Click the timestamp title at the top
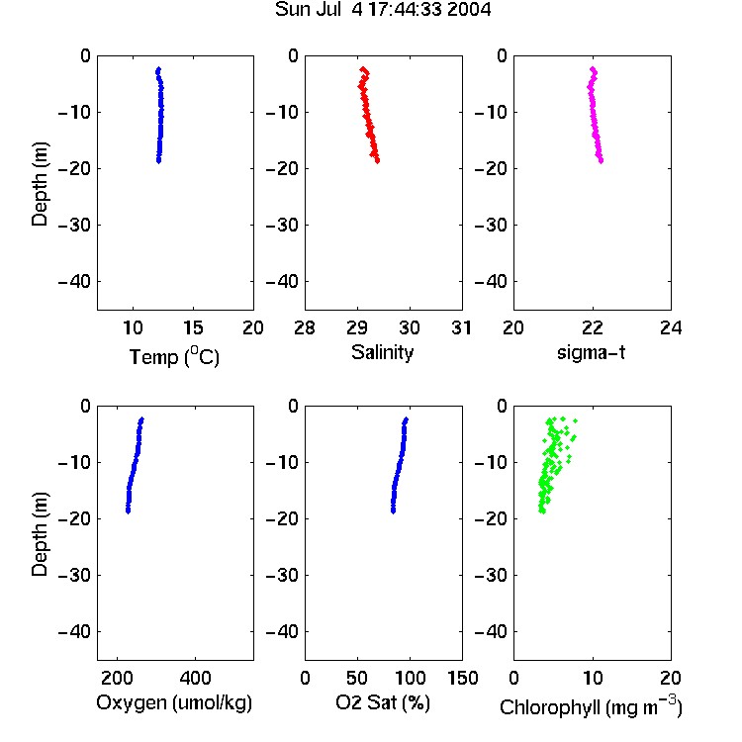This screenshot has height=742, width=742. click(x=383, y=9)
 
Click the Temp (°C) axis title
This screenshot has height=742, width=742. click(x=174, y=356)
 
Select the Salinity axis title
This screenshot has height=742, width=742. click(x=382, y=352)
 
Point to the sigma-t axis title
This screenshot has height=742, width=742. click(x=591, y=352)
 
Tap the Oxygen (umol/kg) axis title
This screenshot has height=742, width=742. click(x=174, y=702)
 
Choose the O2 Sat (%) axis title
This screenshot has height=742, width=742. click(x=383, y=702)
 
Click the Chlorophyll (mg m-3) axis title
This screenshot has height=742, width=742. click(x=591, y=706)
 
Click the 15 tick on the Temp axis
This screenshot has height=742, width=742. click(x=193, y=327)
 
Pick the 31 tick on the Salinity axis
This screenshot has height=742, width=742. click(x=461, y=327)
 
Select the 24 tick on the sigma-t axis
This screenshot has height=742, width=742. click(x=671, y=327)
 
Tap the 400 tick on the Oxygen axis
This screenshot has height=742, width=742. click(x=195, y=678)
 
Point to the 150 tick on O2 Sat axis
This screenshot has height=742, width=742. click(x=463, y=678)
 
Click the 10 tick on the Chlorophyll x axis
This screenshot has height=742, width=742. click(x=593, y=678)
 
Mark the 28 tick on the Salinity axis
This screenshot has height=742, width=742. click(x=305, y=327)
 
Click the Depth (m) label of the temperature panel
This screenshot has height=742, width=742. click(x=40, y=184)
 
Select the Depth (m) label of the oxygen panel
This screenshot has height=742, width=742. click(x=40, y=534)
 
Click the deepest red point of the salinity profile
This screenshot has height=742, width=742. click(x=377, y=161)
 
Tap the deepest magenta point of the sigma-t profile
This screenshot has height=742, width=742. click(x=601, y=161)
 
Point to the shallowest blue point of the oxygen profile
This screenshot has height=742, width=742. click(x=141, y=419)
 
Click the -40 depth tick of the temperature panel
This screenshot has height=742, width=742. click(x=74, y=282)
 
